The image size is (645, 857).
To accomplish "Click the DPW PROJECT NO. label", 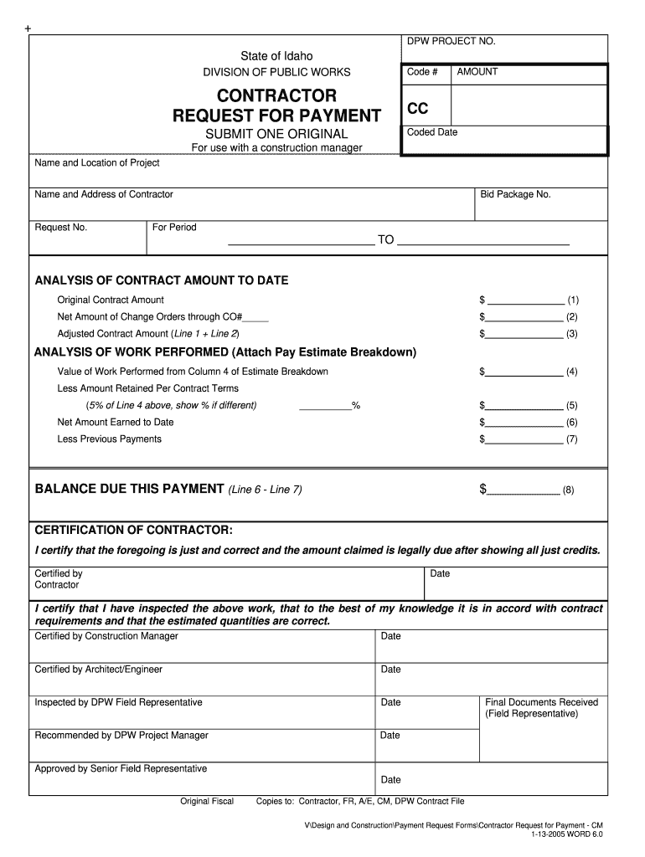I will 451,41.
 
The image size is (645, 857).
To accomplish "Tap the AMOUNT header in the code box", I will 477,72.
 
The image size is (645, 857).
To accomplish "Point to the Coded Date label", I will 432,132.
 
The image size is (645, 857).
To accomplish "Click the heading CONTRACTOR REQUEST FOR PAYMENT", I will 276,105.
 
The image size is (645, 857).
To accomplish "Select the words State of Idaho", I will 276,55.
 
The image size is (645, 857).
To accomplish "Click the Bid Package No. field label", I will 515,194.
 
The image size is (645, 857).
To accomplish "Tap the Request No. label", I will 60,228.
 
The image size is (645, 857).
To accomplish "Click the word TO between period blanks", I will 385,240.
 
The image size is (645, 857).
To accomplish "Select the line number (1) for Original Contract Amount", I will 573,300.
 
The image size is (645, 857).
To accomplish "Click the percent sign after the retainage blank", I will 356,406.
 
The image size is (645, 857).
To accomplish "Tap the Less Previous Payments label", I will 109,439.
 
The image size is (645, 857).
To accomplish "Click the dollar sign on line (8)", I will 482,489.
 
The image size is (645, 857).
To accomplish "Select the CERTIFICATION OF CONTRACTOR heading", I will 133,531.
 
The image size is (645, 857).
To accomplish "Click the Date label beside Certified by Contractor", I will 440,574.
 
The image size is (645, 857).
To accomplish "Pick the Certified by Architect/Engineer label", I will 98,670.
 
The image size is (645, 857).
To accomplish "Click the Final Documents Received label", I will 541,702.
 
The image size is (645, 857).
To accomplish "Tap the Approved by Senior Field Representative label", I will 121,768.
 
